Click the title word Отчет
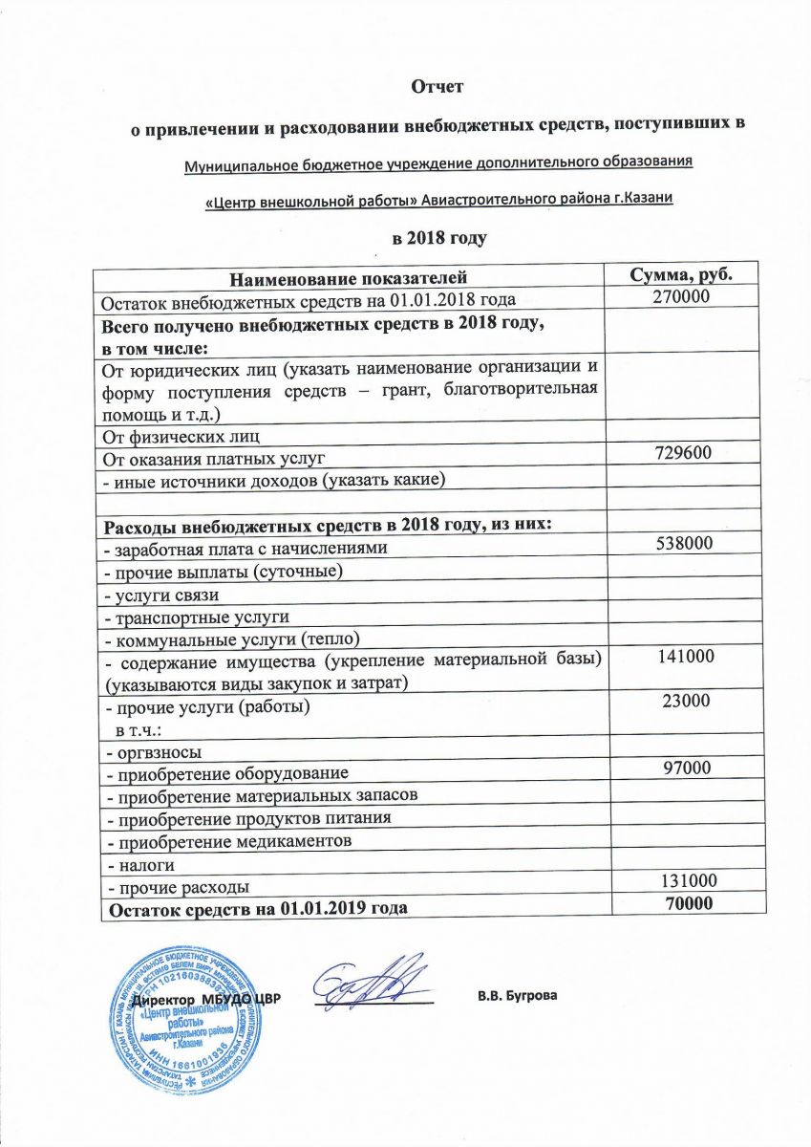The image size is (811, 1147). (x=437, y=87)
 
